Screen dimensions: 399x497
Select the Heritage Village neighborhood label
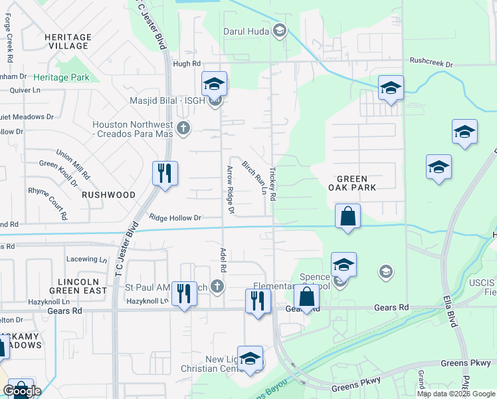(68, 41)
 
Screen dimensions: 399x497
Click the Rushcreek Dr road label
(431, 65)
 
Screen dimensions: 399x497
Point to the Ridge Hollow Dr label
(175, 217)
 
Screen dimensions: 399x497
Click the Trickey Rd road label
(272, 184)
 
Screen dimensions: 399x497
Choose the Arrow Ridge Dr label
(231, 190)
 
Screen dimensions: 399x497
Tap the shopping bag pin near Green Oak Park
(348, 217)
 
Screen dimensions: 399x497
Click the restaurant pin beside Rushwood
(163, 174)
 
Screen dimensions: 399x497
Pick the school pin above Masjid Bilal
(215, 84)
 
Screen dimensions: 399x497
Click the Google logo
(22, 391)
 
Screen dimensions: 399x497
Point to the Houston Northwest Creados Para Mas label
(132, 130)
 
